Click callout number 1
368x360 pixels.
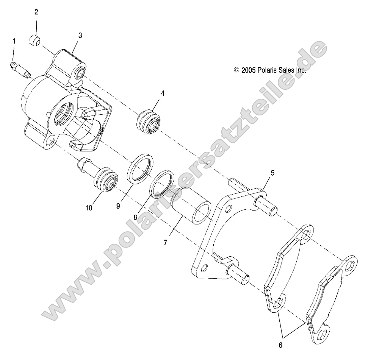pos(14,41)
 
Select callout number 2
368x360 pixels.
pos(36,12)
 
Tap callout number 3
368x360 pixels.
pos(80,35)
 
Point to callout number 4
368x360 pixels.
pos(162,93)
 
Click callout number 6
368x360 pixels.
pos(280,345)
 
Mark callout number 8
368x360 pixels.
pos(135,218)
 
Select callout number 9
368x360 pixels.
pos(118,206)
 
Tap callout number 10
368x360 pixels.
pos(88,207)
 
